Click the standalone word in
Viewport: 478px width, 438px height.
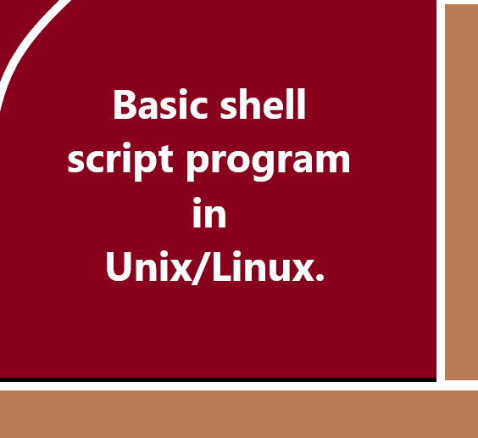coord(209,214)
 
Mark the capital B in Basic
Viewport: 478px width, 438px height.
coord(123,106)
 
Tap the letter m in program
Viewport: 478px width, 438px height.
coord(332,161)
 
